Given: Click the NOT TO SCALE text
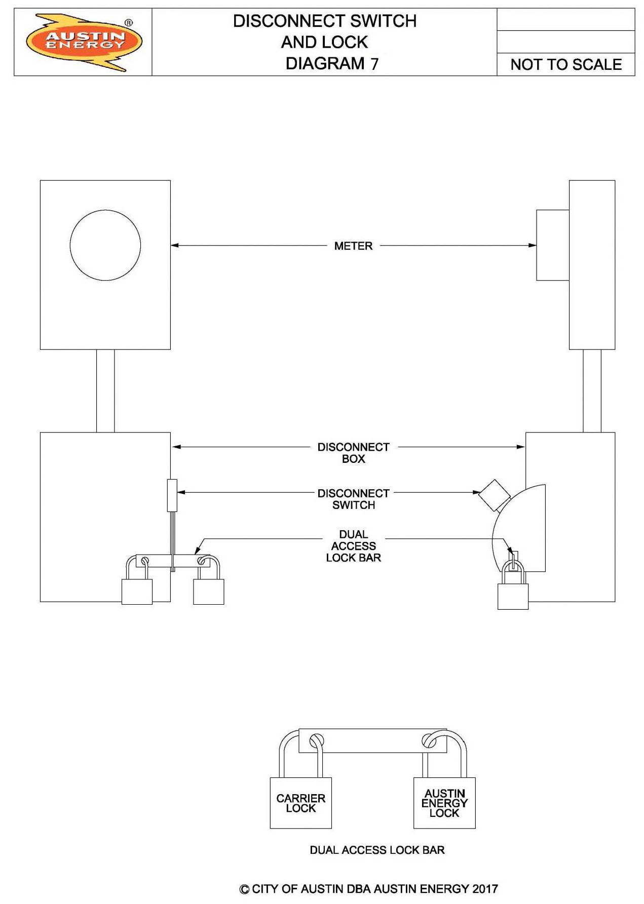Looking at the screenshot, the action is (566, 65).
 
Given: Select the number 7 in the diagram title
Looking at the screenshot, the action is (374, 64).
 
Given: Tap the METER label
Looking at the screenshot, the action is (353, 246).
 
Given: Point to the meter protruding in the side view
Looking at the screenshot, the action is (553, 245).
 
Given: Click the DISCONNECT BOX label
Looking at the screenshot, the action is (353, 453).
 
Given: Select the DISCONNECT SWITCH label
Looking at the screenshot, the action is (353, 499).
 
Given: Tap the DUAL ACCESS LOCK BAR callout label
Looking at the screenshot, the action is (353, 546).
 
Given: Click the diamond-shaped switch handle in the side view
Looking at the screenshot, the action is (494, 495).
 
